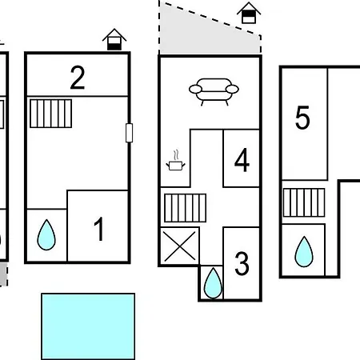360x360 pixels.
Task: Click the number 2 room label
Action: pyautogui.click(x=78, y=78)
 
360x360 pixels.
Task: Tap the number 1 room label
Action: pyautogui.click(x=99, y=229)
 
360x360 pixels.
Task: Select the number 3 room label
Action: pyautogui.click(x=242, y=263)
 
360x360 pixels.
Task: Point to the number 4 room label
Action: pyautogui.click(x=242, y=160)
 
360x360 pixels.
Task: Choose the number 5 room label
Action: pyautogui.click(x=302, y=118)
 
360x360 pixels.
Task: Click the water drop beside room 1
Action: pyautogui.click(x=46, y=235)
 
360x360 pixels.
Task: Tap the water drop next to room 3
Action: pyautogui.click(x=213, y=283)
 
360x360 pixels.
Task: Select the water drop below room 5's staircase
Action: pyautogui.click(x=304, y=251)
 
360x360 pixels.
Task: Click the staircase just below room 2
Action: pyautogui.click(x=50, y=114)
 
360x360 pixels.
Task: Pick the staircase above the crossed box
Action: pyautogui.click(x=186, y=208)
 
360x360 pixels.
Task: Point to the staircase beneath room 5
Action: pyautogui.click(x=304, y=202)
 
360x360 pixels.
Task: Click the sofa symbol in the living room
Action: pyautogui.click(x=214, y=91)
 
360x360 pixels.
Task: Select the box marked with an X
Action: pyautogui.click(x=180, y=246)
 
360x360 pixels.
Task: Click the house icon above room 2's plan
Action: pyautogui.click(x=114, y=39)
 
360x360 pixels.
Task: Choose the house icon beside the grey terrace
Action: pyautogui.click(x=249, y=13)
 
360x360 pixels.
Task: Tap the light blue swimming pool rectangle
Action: pyautogui.click(x=88, y=326)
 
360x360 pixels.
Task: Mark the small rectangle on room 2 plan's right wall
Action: pyautogui.click(x=129, y=133)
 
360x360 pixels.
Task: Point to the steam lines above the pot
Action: pyautogui.click(x=175, y=155)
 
